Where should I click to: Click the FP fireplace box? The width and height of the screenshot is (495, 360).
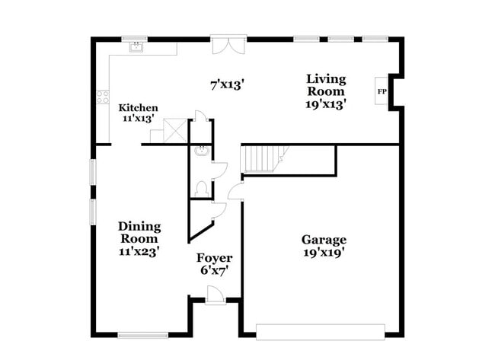click(382, 92)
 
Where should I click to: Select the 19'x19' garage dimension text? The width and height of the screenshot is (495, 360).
click(324, 253)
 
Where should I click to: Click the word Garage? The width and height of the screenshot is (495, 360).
click(324, 240)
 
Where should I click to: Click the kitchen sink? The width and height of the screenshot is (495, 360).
click(137, 47)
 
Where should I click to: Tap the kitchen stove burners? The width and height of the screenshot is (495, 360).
click(102, 97)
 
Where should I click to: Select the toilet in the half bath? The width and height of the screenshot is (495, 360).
click(202, 187)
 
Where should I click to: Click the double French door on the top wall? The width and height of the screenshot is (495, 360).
click(228, 45)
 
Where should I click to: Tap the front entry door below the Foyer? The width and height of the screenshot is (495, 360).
click(215, 296)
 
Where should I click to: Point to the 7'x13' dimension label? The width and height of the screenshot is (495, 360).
click(227, 85)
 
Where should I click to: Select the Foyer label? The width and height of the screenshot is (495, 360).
click(215, 258)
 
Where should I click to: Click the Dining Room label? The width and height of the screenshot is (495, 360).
click(139, 232)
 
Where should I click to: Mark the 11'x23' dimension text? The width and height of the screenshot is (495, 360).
click(139, 250)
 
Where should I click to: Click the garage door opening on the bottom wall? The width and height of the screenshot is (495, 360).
click(320, 331)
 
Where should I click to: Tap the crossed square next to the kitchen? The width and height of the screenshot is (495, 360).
click(176, 130)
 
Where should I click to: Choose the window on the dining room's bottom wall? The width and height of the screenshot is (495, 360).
click(143, 334)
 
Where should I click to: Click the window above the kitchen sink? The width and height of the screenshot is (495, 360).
click(135, 38)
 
